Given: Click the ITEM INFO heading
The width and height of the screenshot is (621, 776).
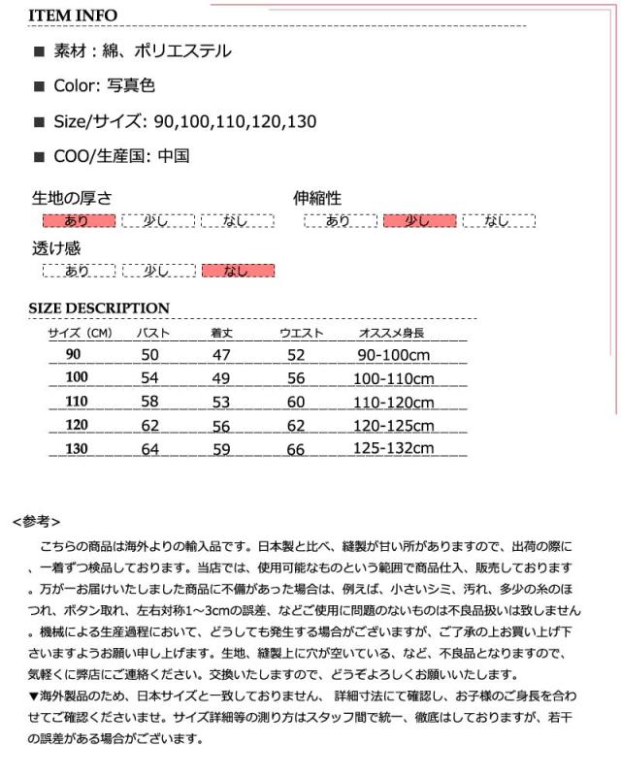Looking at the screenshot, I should [73, 16].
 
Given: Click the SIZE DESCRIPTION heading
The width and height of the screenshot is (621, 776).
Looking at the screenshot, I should [99, 308].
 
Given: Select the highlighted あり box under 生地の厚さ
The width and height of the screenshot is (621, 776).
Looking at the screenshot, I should [79, 221].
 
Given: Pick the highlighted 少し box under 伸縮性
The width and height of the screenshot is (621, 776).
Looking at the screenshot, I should [419, 221].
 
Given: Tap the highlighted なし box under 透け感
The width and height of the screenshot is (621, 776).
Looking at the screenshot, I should [238, 271].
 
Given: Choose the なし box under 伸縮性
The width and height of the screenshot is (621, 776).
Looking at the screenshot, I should [499, 221].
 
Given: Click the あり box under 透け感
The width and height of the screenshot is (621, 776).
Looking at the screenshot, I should [79, 271].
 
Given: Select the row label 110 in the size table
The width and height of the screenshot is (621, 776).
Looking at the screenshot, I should [77, 402].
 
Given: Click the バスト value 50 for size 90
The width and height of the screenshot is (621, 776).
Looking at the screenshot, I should [149, 355].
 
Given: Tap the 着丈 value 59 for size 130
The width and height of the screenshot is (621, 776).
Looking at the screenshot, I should [221, 449].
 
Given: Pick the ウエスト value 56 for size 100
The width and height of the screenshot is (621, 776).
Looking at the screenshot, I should [296, 378].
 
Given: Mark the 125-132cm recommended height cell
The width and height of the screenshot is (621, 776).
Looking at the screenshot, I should [395, 449].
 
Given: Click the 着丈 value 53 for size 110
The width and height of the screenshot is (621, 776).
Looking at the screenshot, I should [221, 402].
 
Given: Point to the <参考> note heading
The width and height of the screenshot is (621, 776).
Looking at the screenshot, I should [40, 521].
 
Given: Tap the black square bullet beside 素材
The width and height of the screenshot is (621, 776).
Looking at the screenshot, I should [39, 52].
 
